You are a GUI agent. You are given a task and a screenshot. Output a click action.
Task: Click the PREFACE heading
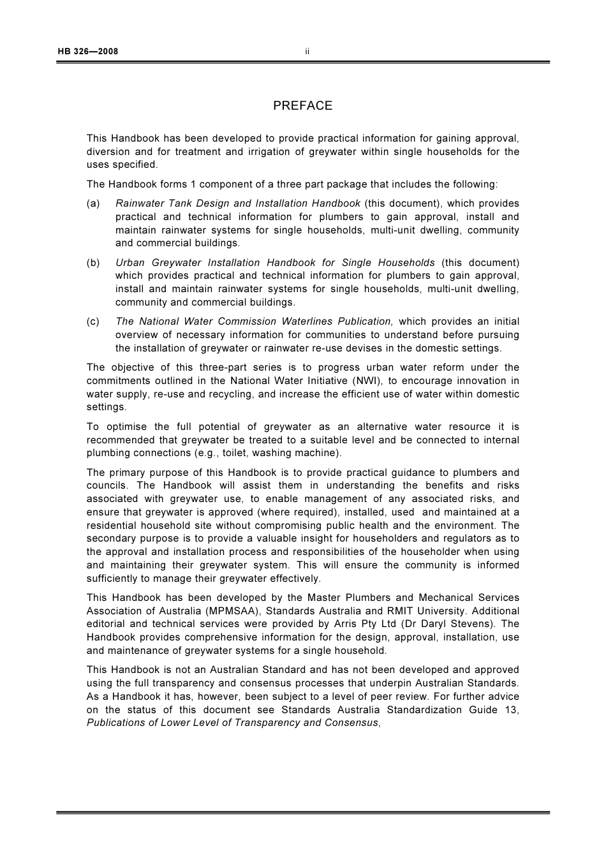[x=302, y=106]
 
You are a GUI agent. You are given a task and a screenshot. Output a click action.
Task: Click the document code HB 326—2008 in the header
[x=88, y=52]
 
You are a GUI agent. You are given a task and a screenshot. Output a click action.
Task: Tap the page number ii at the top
[x=307, y=52]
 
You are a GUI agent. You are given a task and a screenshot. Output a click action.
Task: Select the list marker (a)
[x=93, y=203]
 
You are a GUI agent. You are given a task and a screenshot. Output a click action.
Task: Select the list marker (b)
[x=93, y=263]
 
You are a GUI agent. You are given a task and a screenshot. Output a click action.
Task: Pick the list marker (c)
[x=93, y=322]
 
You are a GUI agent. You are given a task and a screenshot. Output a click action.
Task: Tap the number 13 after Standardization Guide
[x=512, y=709]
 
